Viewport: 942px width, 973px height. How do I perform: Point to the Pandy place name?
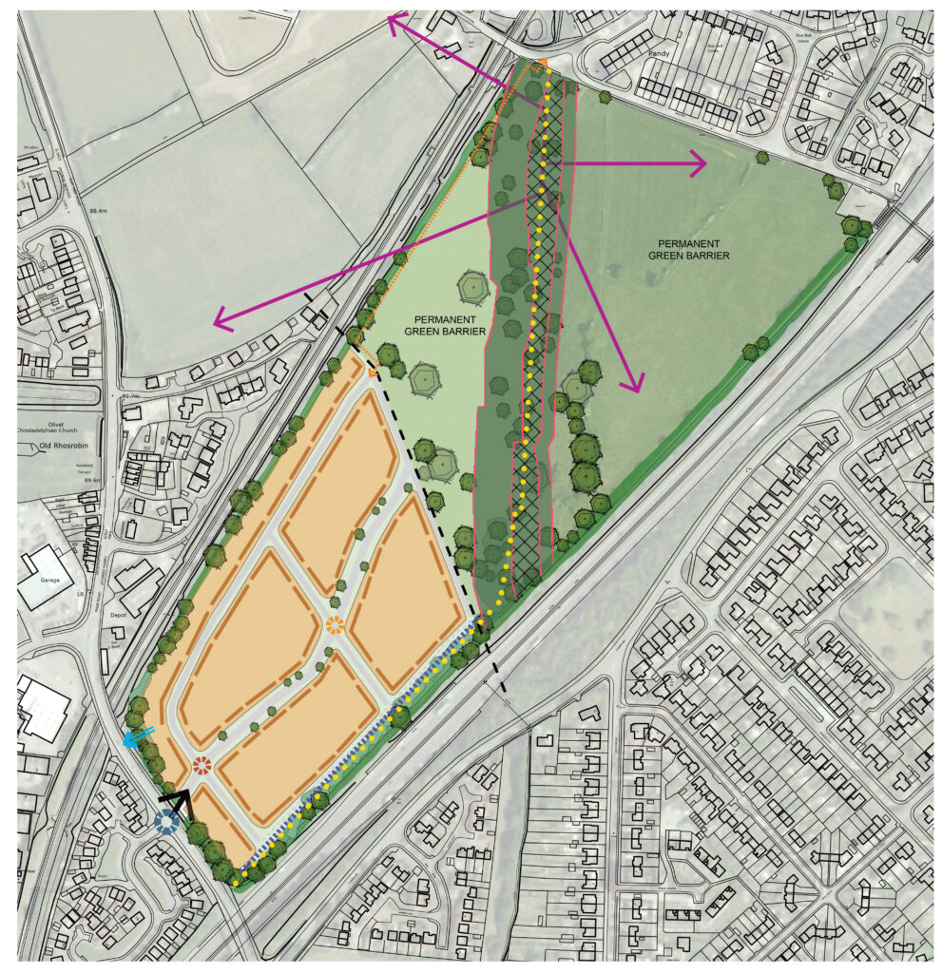pyautogui.click(x=660, y=54)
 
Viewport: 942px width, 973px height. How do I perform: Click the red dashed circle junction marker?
pyautogui.click(x=201, y=765)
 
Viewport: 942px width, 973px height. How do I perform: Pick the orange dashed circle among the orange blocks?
pyautogui.click(x=335, y=625)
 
